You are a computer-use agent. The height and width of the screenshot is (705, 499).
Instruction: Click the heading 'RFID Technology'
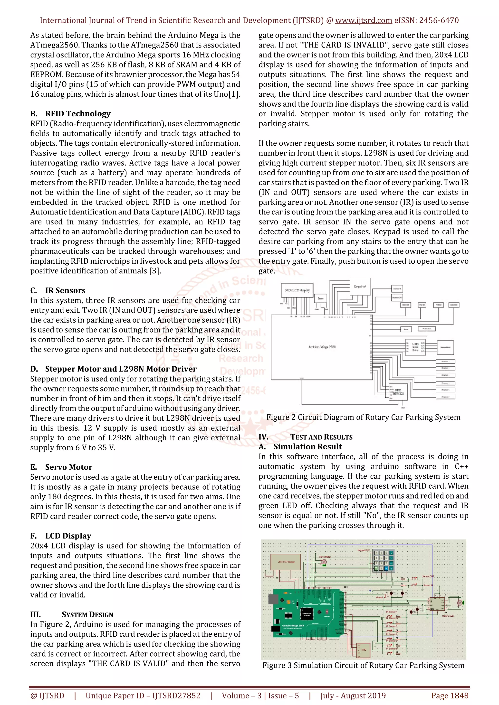tap(78, 114)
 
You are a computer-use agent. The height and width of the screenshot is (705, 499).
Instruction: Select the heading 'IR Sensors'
tap(65, 290)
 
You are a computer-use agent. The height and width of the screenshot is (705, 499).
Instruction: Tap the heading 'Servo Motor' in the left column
tap(68, 467)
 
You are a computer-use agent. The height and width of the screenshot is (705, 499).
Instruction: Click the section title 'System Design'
tap(87, 614)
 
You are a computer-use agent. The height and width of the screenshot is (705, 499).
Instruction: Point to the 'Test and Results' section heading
tap(321, 437)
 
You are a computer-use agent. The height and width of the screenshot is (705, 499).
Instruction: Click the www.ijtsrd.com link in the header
tap(363, 21)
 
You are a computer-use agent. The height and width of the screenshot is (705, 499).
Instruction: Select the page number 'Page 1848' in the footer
tap(450, 696)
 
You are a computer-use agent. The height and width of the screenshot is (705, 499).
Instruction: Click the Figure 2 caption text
tap(363, 417)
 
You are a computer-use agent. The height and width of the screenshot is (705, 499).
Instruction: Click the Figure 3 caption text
tap(363, 665)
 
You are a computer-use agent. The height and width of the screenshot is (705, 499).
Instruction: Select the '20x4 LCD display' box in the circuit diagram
tap(297, 290)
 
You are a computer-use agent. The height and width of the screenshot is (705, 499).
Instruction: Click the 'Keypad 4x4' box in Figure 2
tap(360, 287)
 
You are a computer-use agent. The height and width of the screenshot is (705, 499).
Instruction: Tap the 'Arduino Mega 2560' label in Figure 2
tap(322, 347)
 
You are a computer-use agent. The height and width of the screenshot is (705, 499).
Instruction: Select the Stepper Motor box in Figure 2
tap(445, 348)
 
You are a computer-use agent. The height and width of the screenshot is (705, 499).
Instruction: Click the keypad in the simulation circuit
tap(383, 560)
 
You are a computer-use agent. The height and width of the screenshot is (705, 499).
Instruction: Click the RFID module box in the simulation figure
tap(364, 650)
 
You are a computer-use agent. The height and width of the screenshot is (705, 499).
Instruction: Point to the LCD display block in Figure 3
tap(286, 562)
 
